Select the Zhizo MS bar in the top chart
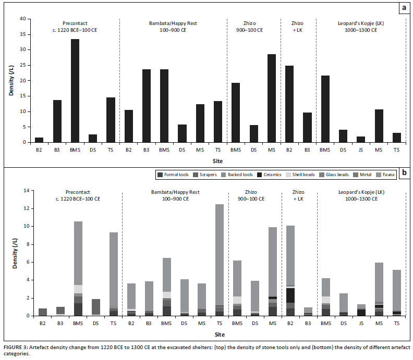click(271, 98)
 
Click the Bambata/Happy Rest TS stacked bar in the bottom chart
click(219, 260)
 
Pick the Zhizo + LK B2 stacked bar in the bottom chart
click(290, 270)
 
